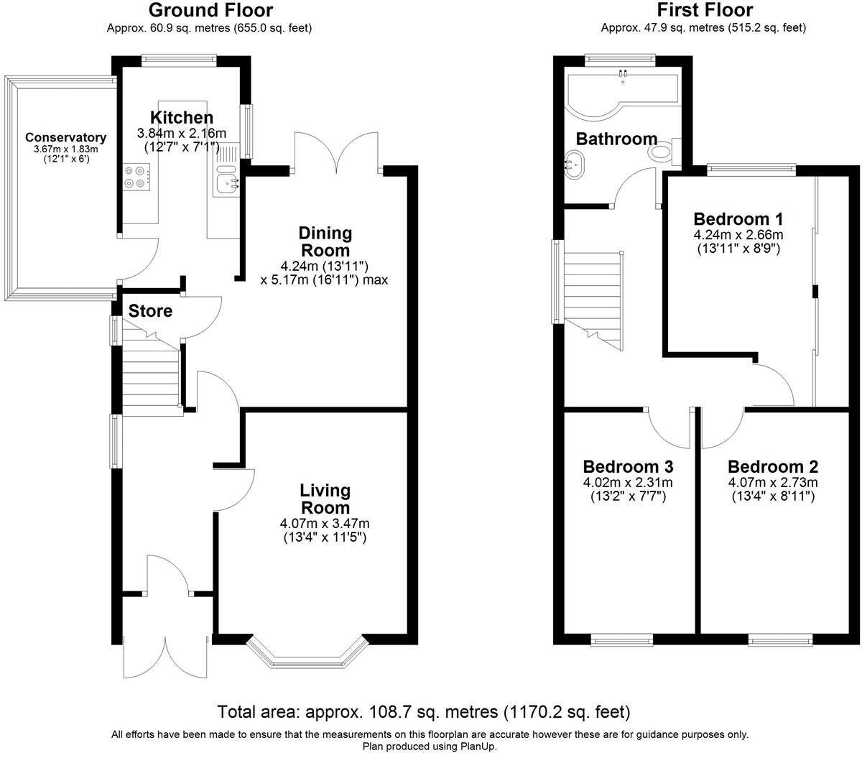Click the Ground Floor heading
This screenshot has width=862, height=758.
[x=210, y=10]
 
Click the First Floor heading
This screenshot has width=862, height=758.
[x=704, y=10]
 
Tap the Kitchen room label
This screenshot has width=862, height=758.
[x=181, y=118]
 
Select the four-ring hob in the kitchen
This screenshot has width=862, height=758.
[x=137, y=177]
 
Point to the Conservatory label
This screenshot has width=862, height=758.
[x=65, y=137]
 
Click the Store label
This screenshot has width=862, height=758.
[x=150, y=311]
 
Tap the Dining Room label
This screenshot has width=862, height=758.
[x=325, y=241]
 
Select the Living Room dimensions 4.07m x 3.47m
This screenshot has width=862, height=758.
[x=325, y=523]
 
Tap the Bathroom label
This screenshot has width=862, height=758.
[x=616, y=139]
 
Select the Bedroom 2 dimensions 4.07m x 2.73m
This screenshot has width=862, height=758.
[x=772, y=482]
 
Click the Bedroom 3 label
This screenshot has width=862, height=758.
[x=628, y=466]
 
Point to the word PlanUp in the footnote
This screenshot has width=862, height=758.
[x=476, y=747]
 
